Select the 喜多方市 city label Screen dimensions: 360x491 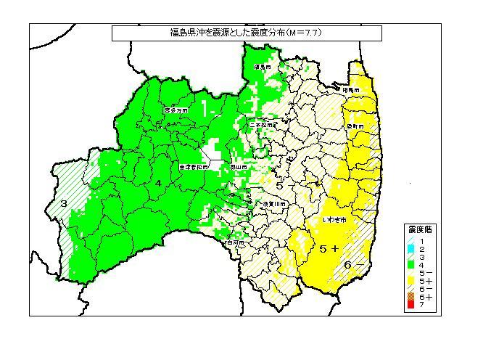pos(176,110)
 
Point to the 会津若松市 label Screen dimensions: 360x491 pos(193,166)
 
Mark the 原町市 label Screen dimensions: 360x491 pos(355,126)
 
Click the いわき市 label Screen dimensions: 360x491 pos(334,218)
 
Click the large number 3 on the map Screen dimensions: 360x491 pos(64,203)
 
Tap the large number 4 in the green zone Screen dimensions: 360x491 pos(158,183)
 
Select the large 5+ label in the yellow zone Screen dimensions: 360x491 pos(329,248)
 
